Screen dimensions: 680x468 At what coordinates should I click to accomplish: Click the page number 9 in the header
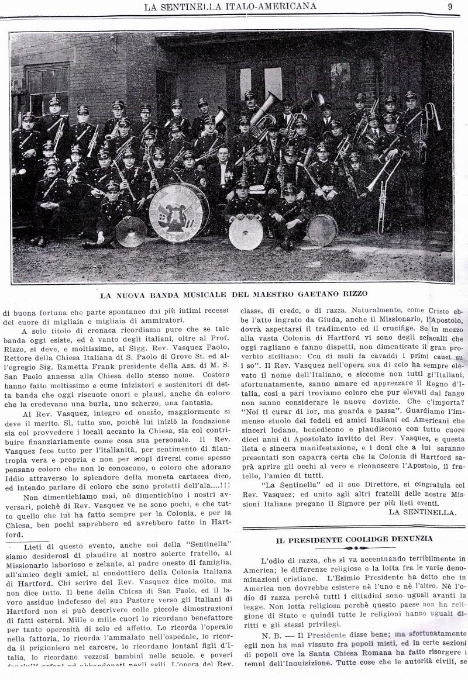click(x=450, y=6)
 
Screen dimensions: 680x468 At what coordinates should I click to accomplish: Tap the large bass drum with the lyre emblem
click(x=178, y=209)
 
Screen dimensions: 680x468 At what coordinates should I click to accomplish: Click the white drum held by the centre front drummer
click(x=246, y=233)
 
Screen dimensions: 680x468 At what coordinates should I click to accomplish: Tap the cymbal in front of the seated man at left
click(x=130, y=232)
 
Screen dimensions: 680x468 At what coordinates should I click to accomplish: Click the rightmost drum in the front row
click(x=322, y=230)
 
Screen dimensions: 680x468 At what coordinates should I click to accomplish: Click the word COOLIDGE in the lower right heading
click(x=368, y=538)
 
